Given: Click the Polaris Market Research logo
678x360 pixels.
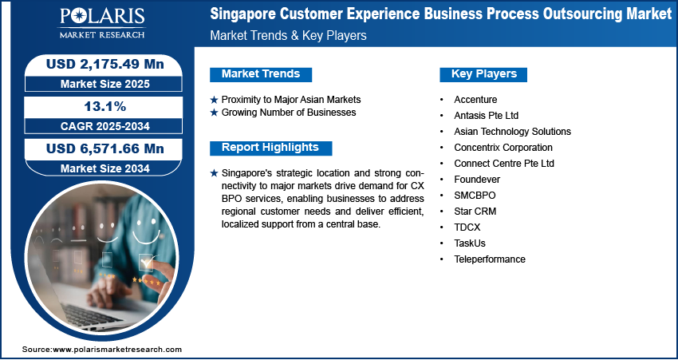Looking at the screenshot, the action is tap(102, 22).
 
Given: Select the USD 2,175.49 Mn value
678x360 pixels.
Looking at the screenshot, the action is tap(105, 64).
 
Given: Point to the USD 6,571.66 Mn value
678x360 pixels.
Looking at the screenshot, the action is tap(105, 148).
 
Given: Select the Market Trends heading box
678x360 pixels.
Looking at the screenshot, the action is tap(261, 74).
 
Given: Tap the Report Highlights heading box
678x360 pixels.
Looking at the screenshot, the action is tap(270, 148).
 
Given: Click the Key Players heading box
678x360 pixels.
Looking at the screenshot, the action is tap(483, 74).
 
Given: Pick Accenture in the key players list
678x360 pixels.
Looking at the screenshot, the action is tap(475, 100).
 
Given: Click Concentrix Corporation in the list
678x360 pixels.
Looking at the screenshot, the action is tap(503, 148).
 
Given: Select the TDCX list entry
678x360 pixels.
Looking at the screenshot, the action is tap(467, 227).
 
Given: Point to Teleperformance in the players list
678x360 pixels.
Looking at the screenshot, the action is tap(490, 259).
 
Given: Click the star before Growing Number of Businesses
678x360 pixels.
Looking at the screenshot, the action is tap(214, 113).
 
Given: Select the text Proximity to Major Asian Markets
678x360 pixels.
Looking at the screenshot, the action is tap(291, 100).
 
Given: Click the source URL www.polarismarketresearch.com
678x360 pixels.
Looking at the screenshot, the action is tap(116, 349).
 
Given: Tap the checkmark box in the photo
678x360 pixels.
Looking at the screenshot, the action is tap(146, 262).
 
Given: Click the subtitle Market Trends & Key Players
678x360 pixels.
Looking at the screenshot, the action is tap(288, 35).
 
